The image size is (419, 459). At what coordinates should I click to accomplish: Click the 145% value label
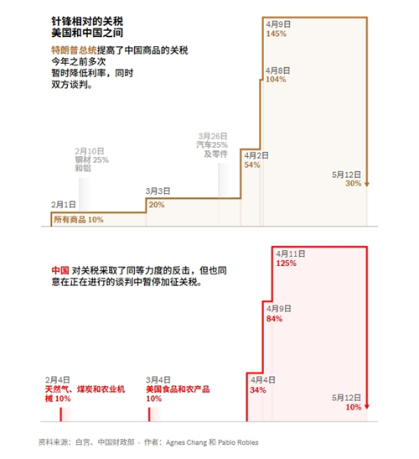tap(276, 34)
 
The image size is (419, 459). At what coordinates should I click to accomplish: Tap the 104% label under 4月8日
tap(276, 80)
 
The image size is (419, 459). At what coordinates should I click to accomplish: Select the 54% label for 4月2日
tap(252, 164)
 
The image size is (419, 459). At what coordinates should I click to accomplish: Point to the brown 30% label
tap(353, 184)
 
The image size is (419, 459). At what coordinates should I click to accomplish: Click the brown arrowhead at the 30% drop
tap(367, 184)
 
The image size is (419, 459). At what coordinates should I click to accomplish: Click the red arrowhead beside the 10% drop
tap(367, 407)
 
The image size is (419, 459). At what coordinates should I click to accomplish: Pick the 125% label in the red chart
tap(286, 263)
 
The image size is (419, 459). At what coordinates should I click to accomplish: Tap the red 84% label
tap(274, 319)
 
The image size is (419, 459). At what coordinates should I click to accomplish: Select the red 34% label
tap(258, 390)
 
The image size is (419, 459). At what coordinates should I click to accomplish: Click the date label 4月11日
tap(291, 253)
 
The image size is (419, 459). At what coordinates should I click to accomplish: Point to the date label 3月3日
tap(158, 191)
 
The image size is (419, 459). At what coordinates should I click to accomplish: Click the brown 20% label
tap(157, 205)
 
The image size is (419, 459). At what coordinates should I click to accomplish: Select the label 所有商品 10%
tap(79, 220)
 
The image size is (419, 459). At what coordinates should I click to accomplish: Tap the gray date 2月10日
tap(90, 151)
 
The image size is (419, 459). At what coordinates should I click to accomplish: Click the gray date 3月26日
tap(213, 136)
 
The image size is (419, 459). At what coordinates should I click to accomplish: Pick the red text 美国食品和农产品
tap(178, 389)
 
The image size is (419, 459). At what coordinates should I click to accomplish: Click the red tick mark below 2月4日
tap(61, 415)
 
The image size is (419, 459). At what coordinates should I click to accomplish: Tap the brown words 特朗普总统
tap(74, 50)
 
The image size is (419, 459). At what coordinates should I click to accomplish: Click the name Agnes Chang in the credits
tap(186, 442)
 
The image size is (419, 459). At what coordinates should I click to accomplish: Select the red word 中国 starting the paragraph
tap(60, 270)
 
